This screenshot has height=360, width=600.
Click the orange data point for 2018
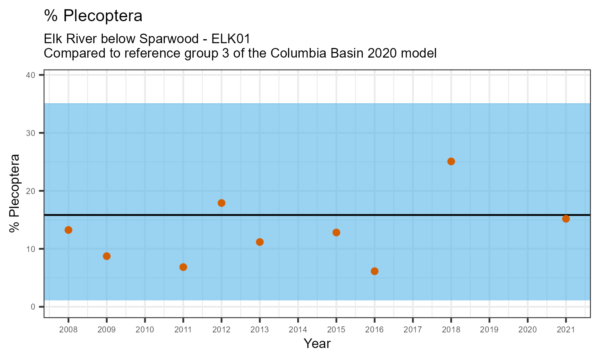pos(451,162)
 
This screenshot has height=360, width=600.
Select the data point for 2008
pos(68,230)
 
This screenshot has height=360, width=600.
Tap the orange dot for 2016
pos(374,271)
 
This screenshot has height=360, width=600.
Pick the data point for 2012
pos(222,203)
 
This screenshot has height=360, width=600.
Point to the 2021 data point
pos(566,219)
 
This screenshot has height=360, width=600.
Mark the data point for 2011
pos(183,267)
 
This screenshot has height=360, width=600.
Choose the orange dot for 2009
pos(107,256)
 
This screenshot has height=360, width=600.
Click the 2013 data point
pos(260,242)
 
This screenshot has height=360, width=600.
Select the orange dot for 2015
pos(336,232)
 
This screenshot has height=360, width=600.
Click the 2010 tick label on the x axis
pos(145,330)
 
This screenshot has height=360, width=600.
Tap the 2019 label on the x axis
pos(489,330)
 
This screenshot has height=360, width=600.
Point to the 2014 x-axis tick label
pos(298,330)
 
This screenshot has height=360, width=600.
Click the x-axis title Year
pos(317,344)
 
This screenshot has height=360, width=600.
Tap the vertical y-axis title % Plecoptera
pos(15,193)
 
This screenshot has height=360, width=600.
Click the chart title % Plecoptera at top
pos(93,16)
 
